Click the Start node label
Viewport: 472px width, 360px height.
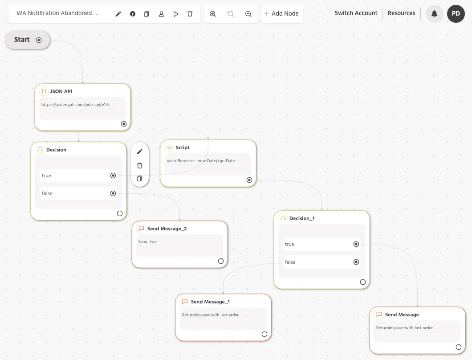(x=22, y=40)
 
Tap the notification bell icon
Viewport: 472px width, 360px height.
(x=434, y=14)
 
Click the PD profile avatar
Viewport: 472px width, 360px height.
(x=456, y=13)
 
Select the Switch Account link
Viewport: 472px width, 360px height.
(x=356, y=13)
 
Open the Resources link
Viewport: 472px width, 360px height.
(x=401, y=13)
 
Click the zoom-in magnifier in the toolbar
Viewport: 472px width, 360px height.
(x=212, y=14)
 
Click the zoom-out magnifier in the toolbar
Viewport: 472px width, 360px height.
(x=248, y=14)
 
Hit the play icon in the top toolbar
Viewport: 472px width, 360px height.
(x=176, y=14)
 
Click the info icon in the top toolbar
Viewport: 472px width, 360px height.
(x=132, y=14)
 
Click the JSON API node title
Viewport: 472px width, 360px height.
(x=61, y=91)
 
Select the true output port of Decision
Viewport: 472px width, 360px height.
(x=113, y=176)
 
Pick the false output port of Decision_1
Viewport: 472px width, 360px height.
(x=356, y=262)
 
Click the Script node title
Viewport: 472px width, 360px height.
(x=183, y=147)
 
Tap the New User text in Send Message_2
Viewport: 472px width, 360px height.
(x=147, y=241)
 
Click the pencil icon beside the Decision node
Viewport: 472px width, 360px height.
(x=140, y=151)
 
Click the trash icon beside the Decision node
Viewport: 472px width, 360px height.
(x=140, y=165)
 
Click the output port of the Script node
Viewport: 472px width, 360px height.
(x=249, y=180)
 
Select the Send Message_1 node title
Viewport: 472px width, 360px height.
(x=210, y=302)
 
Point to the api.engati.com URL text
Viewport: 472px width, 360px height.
(x=77, y=105)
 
